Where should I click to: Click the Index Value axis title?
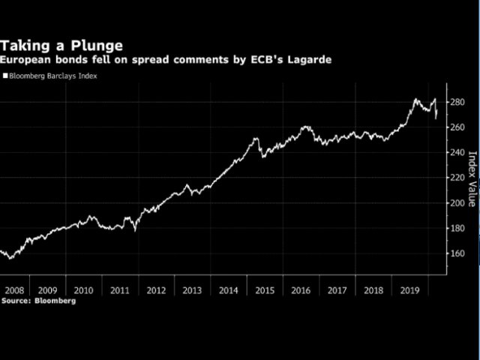click(472, 178)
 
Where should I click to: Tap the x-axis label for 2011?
click(120, 289)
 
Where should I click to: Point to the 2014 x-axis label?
click(229, 289)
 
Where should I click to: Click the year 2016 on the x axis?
click(301, 289)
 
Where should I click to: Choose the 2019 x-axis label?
click(409, 289)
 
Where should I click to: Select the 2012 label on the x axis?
click(156, 289)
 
